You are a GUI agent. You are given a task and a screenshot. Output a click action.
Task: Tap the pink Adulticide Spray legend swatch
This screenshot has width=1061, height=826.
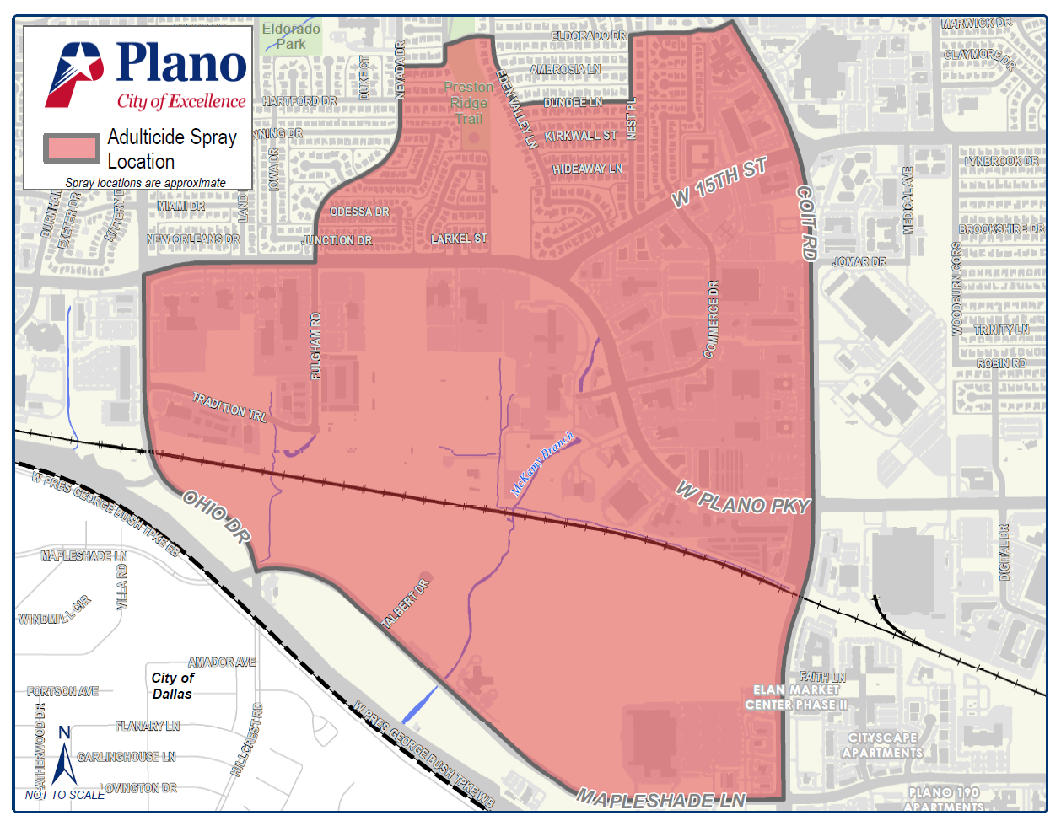[x=72, y=149]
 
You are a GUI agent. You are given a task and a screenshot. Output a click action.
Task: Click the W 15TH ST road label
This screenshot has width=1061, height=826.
[x=719, y=182]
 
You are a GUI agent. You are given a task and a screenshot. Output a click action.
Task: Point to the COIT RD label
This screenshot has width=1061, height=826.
[x=807, y=223]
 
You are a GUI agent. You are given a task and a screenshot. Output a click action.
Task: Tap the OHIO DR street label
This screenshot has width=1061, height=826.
[x=217, y=518]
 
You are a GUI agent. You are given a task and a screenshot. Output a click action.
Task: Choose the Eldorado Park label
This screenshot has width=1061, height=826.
[x=291, y=36]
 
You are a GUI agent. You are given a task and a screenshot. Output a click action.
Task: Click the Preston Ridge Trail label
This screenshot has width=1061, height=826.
[x=469, y=103]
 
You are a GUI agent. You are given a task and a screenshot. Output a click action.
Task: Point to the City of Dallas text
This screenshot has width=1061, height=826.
[x=173, y=686]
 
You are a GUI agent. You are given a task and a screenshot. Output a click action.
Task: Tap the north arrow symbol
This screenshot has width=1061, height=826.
[x=64, y=755]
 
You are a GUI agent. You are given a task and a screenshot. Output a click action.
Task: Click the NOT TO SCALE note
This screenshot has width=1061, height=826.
[x=65, y=795]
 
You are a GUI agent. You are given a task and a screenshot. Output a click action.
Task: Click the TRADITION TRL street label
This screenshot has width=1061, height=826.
[x=229, y=407]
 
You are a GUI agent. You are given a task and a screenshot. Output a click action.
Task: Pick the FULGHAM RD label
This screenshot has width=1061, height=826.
[x=316, y=346]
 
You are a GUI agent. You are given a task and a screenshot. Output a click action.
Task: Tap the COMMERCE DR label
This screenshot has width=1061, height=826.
[x=713, y=319]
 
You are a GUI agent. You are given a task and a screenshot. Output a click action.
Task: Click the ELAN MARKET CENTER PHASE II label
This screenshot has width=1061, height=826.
[x=796, y=697]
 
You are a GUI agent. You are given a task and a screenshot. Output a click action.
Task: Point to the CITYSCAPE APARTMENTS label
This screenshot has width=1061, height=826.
[x=882, y=745]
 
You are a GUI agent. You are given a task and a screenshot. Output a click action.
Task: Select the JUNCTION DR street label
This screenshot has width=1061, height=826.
[x=337, y=240]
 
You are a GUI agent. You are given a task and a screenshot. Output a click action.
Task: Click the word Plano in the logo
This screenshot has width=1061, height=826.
[x=181, y=63]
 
